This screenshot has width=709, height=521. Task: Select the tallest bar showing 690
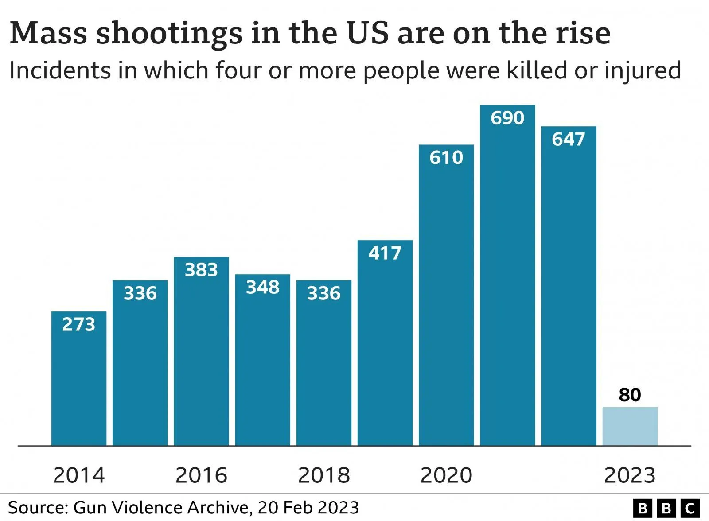coord(507,275)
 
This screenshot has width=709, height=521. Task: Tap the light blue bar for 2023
coord(630,426)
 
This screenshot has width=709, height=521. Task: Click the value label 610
coord(446,158)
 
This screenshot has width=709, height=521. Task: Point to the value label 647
coord(569,139)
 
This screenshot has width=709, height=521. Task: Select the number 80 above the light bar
coord(630,395)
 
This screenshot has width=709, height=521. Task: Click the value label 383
coord(201,270)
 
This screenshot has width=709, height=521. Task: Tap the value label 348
coord(263,287)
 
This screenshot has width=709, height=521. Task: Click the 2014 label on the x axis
coord(79,475)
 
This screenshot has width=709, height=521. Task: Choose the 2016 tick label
coord(201,475)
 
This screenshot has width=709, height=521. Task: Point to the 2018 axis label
coord(324,475)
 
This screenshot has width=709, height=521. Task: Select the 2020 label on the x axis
coord(446,475)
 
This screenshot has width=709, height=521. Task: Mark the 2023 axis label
coord(630,475)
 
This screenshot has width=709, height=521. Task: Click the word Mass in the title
coord(48,33)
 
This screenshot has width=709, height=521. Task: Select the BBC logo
coord(666,508)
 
